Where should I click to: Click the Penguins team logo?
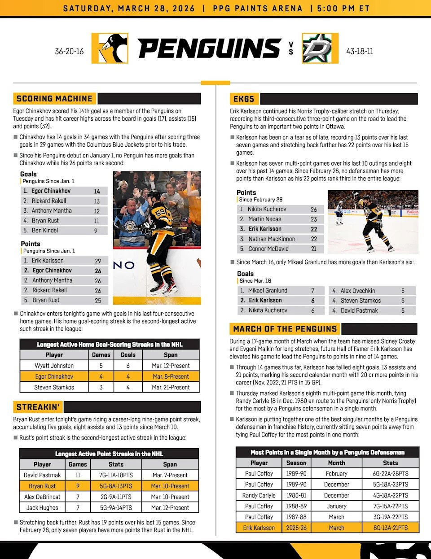(x=110, y=48)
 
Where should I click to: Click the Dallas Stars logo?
(x=320, y=48)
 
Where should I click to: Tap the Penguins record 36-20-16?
(x=69, y=51)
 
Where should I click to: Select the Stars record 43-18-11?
(x=360, y=51)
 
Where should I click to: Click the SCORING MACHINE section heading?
(x=54, y=99)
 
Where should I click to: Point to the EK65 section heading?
(x=244, y=99)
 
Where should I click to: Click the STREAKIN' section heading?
(x=38, y=407)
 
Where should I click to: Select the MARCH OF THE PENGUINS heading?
(x=285, y=329)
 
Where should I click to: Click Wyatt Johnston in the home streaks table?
(x=54, y=366)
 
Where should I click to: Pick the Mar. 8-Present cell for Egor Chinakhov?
(x=171, y=376)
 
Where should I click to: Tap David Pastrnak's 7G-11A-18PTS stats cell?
(x=116, y=475)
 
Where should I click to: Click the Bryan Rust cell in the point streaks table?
(x=42, y=486)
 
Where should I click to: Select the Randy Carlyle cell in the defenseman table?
(x=259, y=495)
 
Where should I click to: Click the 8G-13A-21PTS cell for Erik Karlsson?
(x=390, y=528)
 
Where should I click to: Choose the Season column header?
(x=296, y=463)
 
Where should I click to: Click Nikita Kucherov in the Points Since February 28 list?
(x=267, y=209)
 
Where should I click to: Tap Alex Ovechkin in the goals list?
(x=358, y=291)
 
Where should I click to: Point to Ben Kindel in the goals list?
(x=45, y=231)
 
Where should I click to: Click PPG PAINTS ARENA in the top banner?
(x=258, y=8)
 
